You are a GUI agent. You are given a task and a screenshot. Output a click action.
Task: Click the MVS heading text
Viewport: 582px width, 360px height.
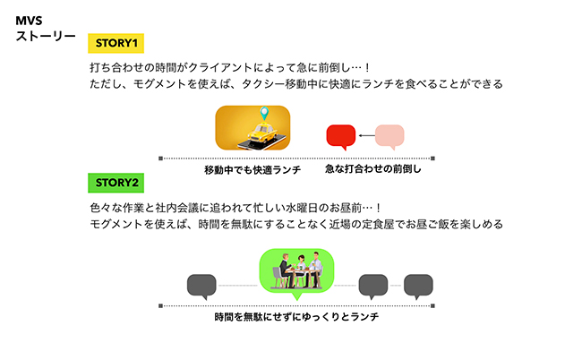click(x=29, y=21)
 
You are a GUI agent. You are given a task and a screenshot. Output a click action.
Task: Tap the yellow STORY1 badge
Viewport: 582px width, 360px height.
click(x=116, y=43)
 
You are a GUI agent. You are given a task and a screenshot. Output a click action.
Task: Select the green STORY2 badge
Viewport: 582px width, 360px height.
click(x=116, y=183)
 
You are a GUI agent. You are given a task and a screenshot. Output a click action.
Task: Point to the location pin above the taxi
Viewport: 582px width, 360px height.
click(x=264, y=113)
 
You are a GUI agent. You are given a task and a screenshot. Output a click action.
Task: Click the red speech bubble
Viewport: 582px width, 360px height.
click(x=341, y=137)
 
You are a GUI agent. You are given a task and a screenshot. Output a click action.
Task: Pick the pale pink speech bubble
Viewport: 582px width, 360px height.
click(x=389, y=137)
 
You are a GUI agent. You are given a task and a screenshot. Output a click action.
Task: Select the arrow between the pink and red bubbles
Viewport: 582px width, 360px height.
click(x=367, y=135)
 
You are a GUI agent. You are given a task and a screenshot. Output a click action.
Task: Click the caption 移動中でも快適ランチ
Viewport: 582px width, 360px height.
click(x=252, y=170)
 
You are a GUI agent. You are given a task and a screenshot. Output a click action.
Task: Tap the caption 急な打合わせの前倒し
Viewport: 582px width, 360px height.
click(x=373, y=169)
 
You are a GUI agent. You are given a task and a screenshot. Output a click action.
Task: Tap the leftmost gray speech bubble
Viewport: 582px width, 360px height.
click(x=201, y=287)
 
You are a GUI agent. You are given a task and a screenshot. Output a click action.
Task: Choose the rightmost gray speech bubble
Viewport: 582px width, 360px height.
click(x=418, y=287)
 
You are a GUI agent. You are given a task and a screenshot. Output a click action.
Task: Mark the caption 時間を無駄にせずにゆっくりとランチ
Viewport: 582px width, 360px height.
click(x=296, y=317)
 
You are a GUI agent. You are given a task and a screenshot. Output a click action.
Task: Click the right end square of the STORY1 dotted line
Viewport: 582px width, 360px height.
click(x=432, y=159)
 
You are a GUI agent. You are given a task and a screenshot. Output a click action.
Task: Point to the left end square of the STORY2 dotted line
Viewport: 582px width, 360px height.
click(x=160, y=305)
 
